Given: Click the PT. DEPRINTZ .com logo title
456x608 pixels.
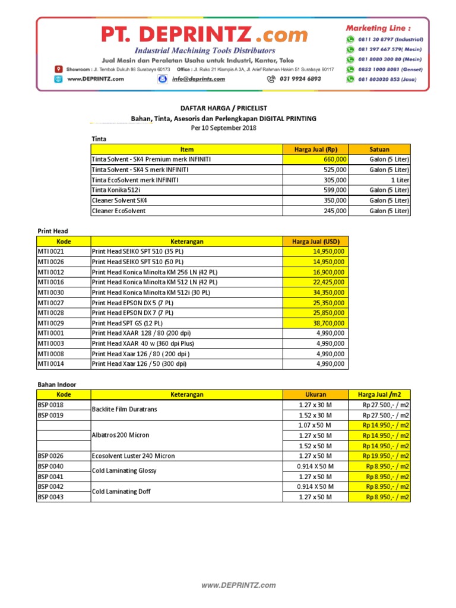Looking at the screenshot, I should pyautogui.click(x=204, y=34).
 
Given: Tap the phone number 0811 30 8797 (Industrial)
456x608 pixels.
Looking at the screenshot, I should pyautogui.click(x=389, y=39).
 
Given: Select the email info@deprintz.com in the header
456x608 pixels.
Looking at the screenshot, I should pyautogui.click(x=198, y=78).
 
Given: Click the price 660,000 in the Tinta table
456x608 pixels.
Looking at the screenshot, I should pyautogui.click(x=335, y=160).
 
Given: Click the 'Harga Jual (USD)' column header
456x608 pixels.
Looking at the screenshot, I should pyautogui.click(x=316, y=242).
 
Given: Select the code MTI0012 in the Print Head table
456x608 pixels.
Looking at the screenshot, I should pyautogui.click(x=52, y=273).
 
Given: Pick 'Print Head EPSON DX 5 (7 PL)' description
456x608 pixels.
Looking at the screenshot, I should pyautogui.click(x=132, y=303).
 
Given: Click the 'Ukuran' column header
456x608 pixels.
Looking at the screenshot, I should pyautogui.click(x=315, y=394).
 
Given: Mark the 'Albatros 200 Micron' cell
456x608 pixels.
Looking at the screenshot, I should pyautogui.click(x=120, y=435).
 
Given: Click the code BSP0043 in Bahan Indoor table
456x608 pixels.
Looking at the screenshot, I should pyautogui.click(x=51, y=497).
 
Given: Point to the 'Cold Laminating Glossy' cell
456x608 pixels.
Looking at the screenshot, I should pyautogui.click(x=123, y=471).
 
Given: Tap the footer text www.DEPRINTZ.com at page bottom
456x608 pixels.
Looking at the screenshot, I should pyautogui.click(x=239, y=585).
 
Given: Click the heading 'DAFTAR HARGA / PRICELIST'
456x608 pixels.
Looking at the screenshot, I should pyautogui.click(x=224, y=108).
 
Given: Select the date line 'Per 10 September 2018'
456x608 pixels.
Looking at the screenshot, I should pyautogui.click(x=224, y=128).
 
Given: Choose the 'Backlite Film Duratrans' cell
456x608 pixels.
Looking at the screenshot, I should pyautogui.click(x=124, y=410).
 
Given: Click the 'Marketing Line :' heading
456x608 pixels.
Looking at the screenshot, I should pyautogui.click(x=378, y=27).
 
